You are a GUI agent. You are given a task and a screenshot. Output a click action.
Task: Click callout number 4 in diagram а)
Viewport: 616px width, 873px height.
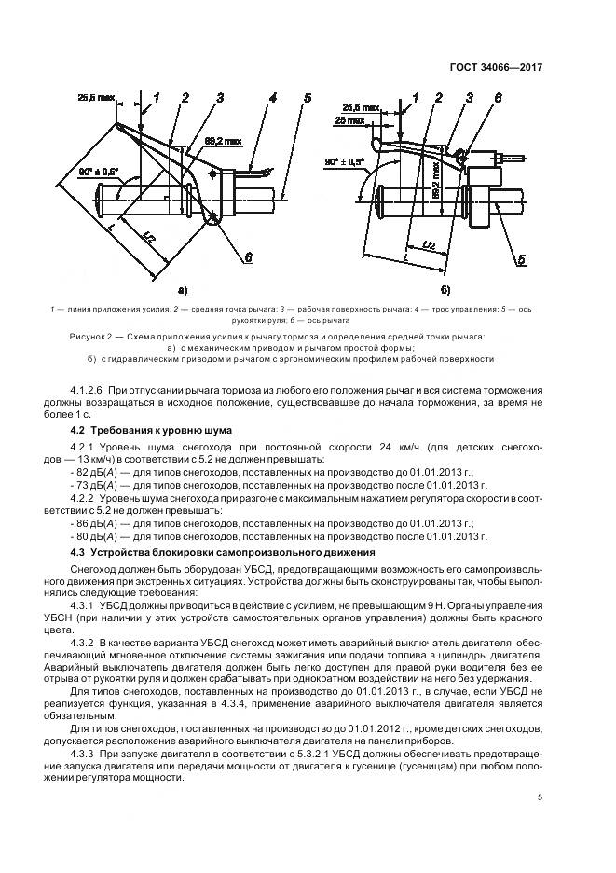pyautogui.click(x=271, y=96)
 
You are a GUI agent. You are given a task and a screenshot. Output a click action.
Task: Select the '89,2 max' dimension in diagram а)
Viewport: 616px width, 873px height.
pyautogui.click(x=224, y=141)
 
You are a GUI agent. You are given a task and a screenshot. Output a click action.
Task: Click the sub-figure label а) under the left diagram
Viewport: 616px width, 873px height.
pyautogui.click(x=182, y=290)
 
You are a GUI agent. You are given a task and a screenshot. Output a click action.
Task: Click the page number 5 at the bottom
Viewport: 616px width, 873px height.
pyautogui.click(x=540, y=797)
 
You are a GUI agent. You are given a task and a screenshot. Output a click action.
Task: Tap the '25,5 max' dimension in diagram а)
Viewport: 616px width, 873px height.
pyautogui.click(x=95, y=96)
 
